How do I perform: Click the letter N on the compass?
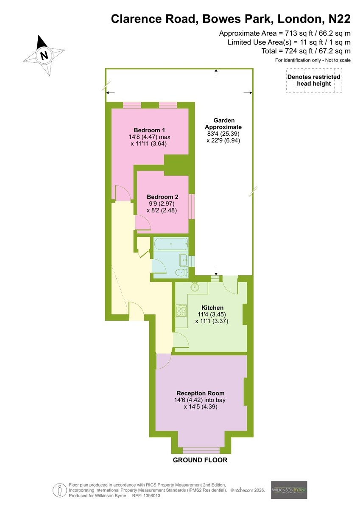(44, 55)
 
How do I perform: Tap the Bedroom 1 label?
(149, 130)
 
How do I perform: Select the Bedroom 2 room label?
(162, 197)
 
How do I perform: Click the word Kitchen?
(212, 308)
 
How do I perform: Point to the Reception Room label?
(200, 393)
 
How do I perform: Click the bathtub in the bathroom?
(171, 244)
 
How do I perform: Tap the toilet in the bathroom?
(182, 272)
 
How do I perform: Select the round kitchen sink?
(195, 287)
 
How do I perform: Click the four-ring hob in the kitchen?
(181, 310)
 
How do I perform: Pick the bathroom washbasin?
(184, 260)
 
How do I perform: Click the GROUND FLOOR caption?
(200, 460)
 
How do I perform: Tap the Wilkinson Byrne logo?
(289, 489)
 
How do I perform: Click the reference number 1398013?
(151, 495)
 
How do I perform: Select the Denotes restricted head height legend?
(314, 80)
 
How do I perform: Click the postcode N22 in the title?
(340, 19)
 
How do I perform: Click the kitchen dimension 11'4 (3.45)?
(212, 314)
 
